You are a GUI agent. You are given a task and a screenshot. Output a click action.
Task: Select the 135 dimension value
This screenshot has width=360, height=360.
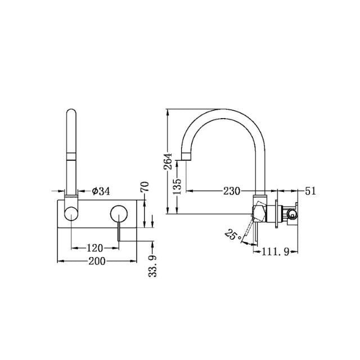tap(177, 186)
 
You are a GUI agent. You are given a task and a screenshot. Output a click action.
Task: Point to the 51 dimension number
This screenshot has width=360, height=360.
tap(310, 191)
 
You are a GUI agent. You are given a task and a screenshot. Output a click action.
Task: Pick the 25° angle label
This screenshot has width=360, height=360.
tap(232, 234)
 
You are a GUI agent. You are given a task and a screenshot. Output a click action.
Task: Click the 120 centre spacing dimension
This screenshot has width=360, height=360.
tap(94, 247)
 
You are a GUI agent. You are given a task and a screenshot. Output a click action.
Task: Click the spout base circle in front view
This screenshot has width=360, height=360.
tap(71, 213)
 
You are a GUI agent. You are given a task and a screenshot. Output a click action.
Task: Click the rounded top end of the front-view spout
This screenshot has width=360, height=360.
tap(71, 112)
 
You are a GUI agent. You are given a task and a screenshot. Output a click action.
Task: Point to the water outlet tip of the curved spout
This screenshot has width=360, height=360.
tap(184, 157)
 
